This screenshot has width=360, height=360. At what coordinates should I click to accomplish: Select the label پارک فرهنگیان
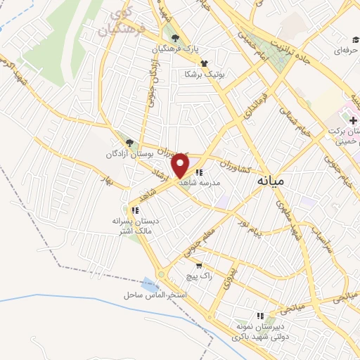coord(174,50)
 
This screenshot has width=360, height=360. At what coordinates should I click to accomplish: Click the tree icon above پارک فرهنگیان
coord(175,39)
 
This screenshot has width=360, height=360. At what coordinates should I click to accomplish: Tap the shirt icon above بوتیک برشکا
coord(204,63)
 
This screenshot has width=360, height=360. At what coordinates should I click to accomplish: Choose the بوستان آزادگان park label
coord(129,153)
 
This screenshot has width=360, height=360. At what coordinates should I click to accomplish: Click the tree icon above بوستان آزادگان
coord(129,143)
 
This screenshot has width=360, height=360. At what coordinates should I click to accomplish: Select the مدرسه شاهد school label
coord(200,182)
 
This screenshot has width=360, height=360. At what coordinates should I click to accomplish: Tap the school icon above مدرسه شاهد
coord(200,172)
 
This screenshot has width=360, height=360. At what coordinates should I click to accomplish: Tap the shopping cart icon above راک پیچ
coord(199,266)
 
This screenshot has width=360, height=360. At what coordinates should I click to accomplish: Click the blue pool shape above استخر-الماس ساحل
coord(149,284)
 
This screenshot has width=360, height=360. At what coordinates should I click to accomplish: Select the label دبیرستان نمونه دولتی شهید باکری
coord(260,330)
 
